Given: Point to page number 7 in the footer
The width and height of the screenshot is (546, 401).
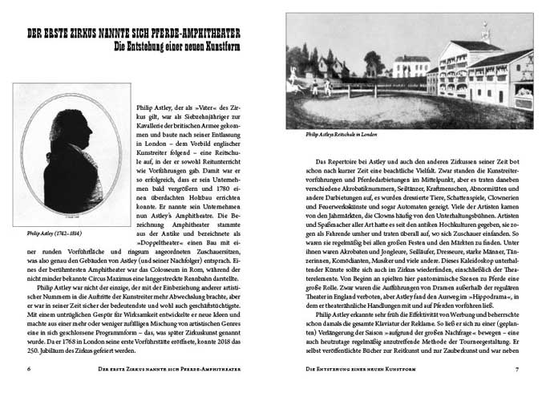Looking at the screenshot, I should tap(518, 369).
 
